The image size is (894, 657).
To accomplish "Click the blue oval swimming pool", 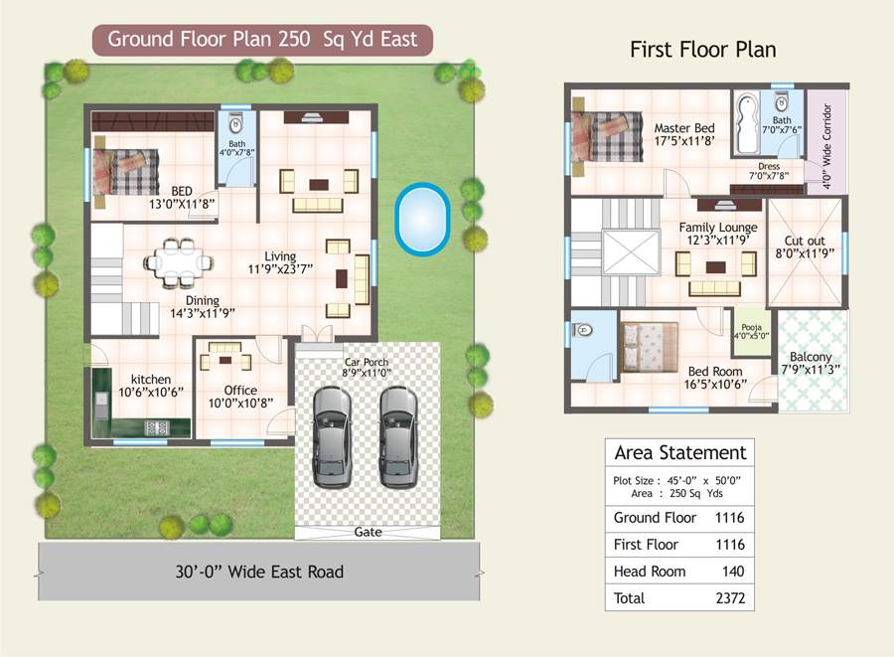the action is tap(422, 219).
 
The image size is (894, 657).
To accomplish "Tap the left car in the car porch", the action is tap(333, 437).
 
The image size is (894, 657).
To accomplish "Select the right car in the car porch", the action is tap(398, 437).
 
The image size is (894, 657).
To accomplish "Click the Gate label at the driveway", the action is tap(368, 532).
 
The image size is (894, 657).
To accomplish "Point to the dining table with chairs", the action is tap(178, 263).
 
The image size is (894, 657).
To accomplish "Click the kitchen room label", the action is tap(151, 380).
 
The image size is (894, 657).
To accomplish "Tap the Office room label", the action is tap(240, 391).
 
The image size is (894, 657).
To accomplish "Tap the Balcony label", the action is tap(811, 357).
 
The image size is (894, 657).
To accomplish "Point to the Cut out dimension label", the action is tap(805, 253).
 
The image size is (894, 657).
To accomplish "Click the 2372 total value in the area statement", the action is tap(730, 598).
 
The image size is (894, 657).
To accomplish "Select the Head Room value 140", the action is tap(733, 572).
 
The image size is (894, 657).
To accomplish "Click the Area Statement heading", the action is tap(680, 453).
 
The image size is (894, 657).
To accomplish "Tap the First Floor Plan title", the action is tap(703, 50).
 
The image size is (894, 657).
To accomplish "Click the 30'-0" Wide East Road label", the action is tap(259, 573).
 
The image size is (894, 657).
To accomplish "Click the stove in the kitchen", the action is tap(157, 427).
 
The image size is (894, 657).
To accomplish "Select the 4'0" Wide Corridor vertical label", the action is tap(826, 146).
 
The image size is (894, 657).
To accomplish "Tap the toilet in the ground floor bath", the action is tap(235, 124).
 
